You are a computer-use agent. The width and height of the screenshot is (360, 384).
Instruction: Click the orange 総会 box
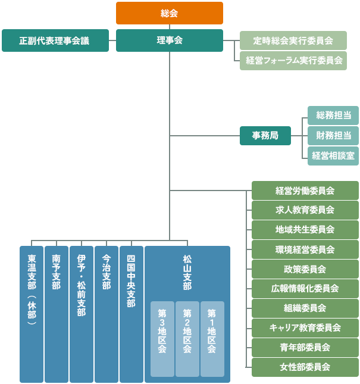pyautogui.click(x=169, y=13)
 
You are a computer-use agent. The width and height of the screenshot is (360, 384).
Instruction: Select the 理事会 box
pyautogui.click(x=169, y=40)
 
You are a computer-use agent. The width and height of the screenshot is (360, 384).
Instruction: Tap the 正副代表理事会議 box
pyautogui.click(x=55, y=40)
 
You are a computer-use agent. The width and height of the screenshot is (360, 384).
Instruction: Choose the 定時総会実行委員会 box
pyautogui.click(x=293, y=40)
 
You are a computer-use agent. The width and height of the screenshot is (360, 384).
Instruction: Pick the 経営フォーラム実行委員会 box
pyautogui.click(x=293, y=60)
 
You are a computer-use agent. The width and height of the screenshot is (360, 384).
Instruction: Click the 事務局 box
pyautogui.click(x=265, y=136)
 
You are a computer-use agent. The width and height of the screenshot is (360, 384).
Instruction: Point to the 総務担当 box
pyautogui.click(x=333, y=115)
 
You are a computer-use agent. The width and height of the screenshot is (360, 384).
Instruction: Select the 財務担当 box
pyautogui.click(x=333, y=136)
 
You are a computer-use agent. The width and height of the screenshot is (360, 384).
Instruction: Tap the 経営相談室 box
pyautogui.click(x=333, y=155)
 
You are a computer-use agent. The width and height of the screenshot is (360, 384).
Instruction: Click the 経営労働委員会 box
pyautogui.click(x=305, y=191)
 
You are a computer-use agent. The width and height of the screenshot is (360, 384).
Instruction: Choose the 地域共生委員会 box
pyautogui.click(x=305, y=229)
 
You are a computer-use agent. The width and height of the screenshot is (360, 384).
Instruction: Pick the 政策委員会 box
pyautogui.click(x=305, y=269)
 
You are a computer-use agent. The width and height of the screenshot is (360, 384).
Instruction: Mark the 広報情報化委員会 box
pyautogui.click(x=305, y=289)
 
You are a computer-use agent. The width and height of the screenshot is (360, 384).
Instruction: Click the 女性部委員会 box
pyautogui.click(x=305, y=367)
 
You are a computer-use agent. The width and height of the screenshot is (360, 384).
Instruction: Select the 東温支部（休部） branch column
pyautogui.click(x=32, y=314)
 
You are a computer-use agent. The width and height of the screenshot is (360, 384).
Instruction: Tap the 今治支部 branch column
pyautogui.click(x=107, y=314)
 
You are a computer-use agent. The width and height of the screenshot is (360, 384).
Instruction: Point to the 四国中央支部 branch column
pyautogui.click(x=132, y=314)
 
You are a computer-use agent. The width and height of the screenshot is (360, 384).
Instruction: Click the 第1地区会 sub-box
pyautogui.click(x=212, y=339)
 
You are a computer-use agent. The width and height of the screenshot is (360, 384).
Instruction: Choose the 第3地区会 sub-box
pyautogui.click(x=162, y=339)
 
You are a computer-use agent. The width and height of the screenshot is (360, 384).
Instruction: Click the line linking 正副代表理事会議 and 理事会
pyautogui.click(x=112, y=40)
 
